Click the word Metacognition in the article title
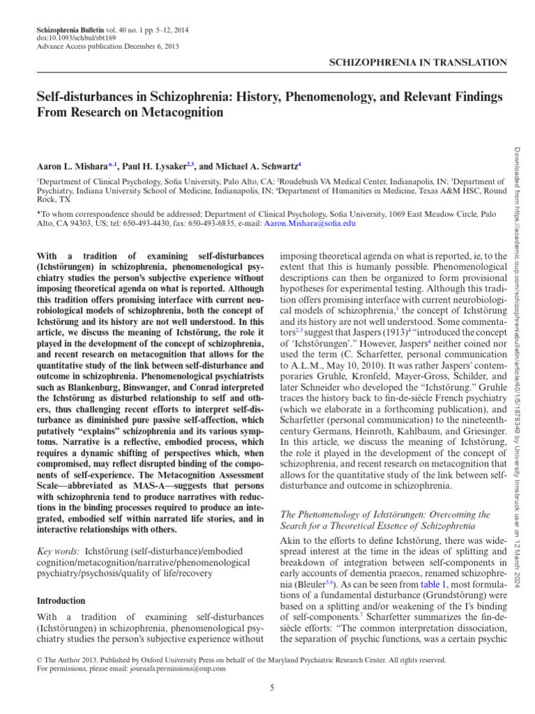[189, 112]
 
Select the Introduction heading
[61, 600]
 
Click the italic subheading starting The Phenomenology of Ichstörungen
[385, 520]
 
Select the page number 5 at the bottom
[272, 689]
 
